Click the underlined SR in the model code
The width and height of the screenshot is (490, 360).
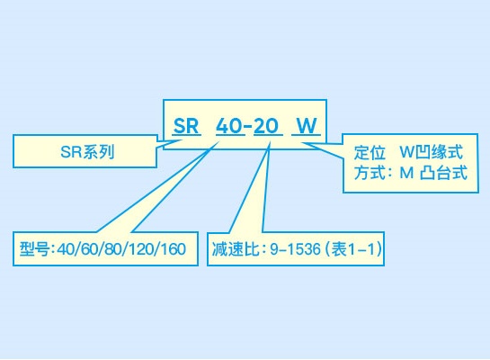click(x=186, y=126)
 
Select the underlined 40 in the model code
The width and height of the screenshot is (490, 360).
click(x=229, y=126)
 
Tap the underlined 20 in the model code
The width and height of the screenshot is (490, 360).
click(x=266, y=126)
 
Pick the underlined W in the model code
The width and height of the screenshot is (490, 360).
click(x=307, y=126)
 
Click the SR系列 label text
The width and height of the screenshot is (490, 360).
click(x=87, y=152)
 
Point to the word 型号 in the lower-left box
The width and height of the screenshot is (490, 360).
click(x=35, y=249)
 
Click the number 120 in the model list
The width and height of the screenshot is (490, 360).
click(x=141, y=249)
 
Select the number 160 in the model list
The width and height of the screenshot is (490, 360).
click(x=174, y=249)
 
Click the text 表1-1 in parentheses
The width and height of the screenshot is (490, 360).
click(x=353, y=249)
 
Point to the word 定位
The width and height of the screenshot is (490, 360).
click(x=370, y=152)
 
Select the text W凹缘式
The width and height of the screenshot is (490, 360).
click(x=431, y=152)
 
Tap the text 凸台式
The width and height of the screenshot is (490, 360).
click(x=444, y=172)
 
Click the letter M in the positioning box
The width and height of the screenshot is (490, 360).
click(x=406, y=173)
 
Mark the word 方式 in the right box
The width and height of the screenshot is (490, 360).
click(x=370, y=172)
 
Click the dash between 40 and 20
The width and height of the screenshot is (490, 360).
click(x=248, y=126)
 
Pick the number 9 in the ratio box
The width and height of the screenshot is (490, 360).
click(x=273, y=249)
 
